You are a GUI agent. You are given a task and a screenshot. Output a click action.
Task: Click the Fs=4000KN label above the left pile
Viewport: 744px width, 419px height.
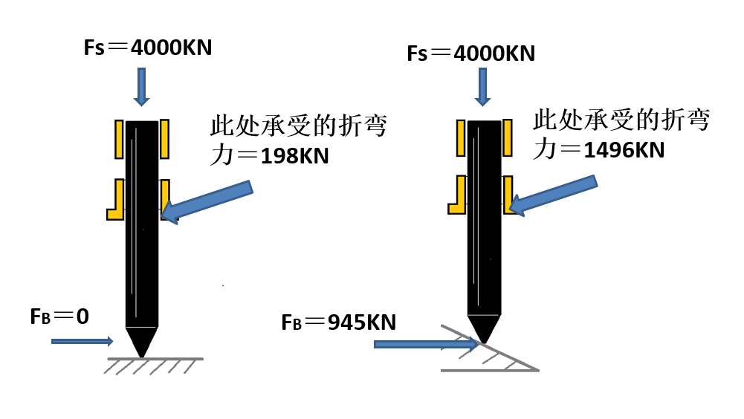coord(149,48)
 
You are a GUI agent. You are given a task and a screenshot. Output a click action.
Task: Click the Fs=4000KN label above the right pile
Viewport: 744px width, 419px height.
coord(471,53)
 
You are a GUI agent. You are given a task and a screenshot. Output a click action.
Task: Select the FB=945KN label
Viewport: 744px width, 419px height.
coord(338,322)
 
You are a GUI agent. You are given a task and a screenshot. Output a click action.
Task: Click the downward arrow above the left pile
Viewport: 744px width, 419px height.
coord(141,85)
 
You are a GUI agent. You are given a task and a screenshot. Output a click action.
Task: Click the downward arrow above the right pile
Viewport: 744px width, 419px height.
coord(483,88)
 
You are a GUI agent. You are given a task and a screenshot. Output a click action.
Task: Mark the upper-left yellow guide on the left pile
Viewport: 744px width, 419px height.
coord(118,139)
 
